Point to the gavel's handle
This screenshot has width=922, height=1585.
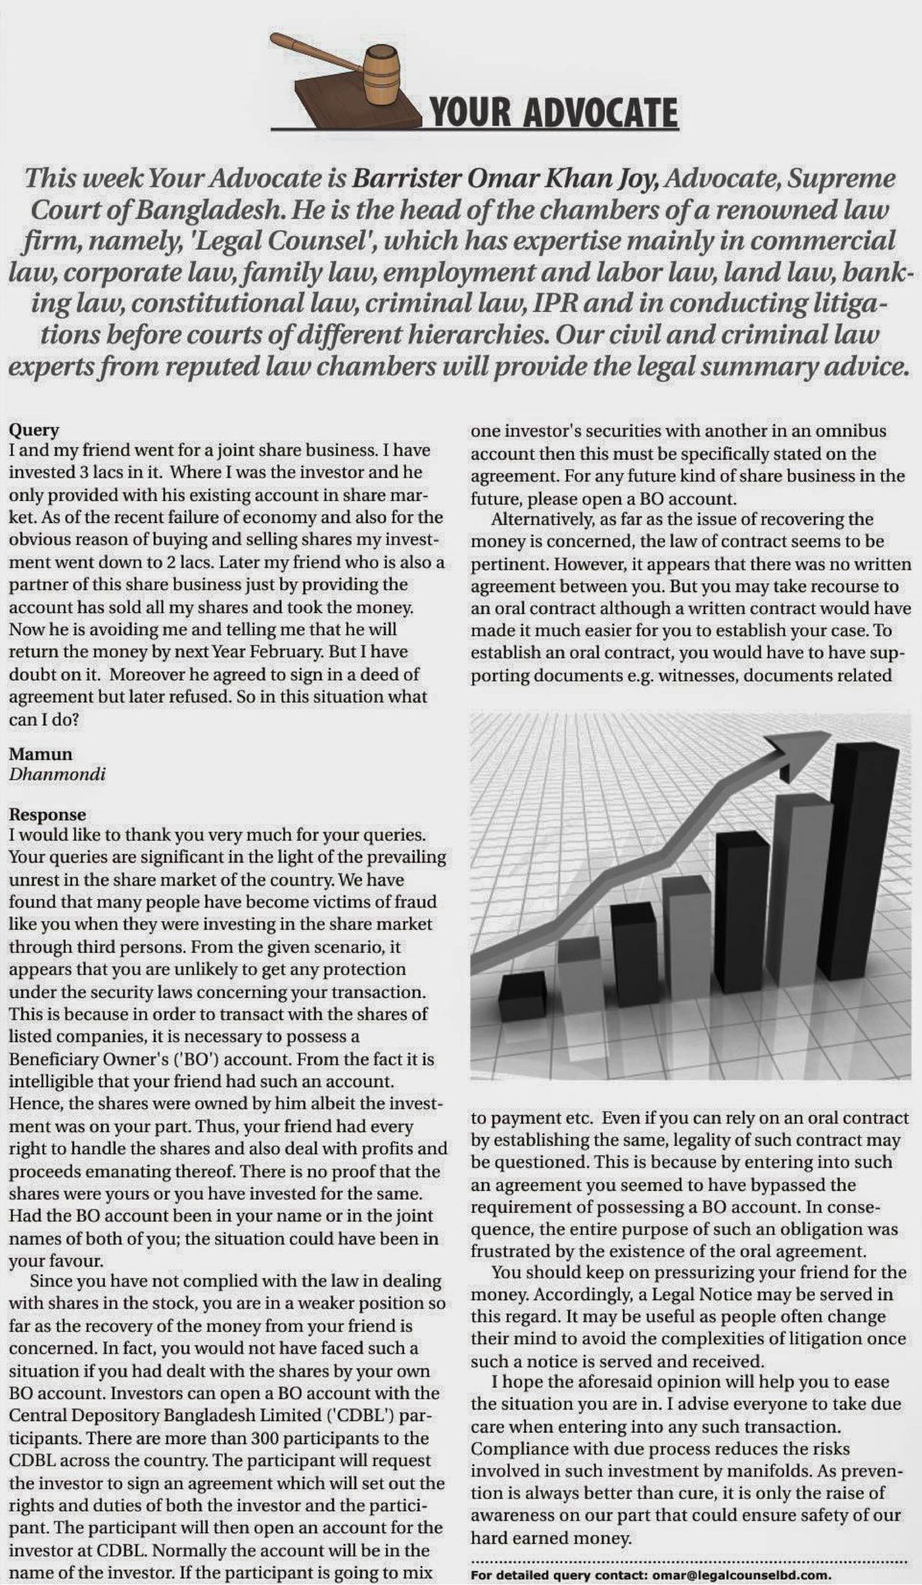click(315, 52)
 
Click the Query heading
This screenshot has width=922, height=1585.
click(34, 430)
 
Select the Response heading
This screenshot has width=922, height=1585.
click(47, 814)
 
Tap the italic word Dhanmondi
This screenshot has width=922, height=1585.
click(57, 775)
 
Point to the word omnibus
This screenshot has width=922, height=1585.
click(851, 431)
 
